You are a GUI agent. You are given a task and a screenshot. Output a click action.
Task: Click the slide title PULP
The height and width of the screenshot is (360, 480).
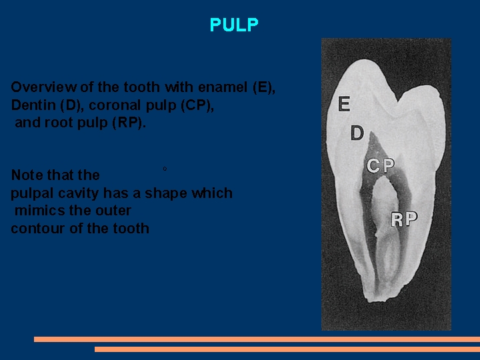[233, 25]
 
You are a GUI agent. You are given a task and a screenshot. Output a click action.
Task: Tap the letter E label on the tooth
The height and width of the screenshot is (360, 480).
[344, 104]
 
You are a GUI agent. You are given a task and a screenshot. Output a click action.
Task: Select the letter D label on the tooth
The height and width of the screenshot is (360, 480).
[357, 134]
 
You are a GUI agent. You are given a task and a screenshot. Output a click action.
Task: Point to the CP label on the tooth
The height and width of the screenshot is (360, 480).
[380, 166]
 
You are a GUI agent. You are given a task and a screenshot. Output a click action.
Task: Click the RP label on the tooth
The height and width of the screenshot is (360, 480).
[404, 219]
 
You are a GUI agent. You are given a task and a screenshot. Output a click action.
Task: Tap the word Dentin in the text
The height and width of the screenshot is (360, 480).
[31, 105]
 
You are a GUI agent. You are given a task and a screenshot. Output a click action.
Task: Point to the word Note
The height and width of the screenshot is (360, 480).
[26, 175]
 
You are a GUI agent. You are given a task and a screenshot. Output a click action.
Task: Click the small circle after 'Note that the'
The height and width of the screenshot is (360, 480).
[165, 169]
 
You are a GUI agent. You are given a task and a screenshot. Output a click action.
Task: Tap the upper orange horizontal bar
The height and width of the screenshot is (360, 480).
[257, 339]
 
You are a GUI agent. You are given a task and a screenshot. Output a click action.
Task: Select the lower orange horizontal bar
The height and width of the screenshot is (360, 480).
[287, 349]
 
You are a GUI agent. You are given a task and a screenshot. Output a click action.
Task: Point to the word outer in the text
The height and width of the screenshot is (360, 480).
[114, 211]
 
